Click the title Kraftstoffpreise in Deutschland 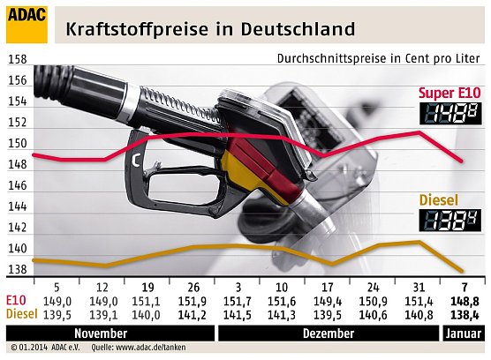point(211,28)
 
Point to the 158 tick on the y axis point(16,60)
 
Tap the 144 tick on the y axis point(16,207)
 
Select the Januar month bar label point(462,334)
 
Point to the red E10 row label point(15,301)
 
